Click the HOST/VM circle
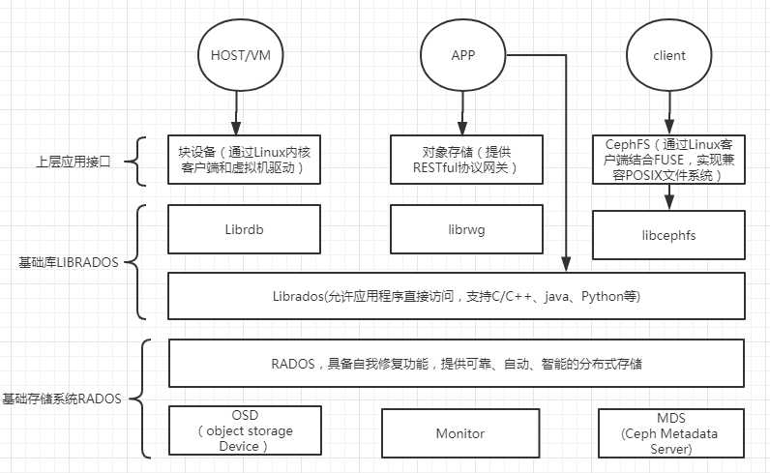pos(233,55)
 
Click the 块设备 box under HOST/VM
pos(243,160)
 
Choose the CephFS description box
pos(667,160)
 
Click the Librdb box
pos(243,229)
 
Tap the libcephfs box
pos(667,235)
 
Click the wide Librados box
pos(457,295)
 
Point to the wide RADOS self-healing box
pos(457,366)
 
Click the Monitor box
pos(459,433)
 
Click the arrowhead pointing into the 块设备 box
pos(233,130)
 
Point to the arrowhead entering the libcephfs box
pos(667,206)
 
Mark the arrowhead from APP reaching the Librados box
pos(566,267)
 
